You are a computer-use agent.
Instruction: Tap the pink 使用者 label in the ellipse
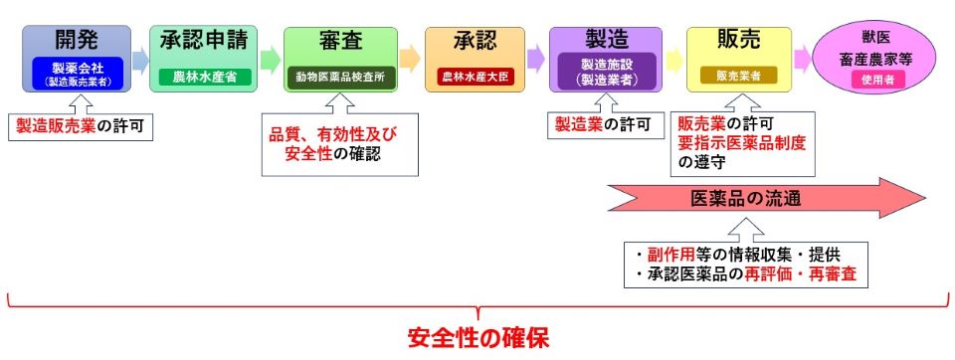click(x=875, y=79)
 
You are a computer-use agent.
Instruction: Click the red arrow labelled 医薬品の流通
click(x=766, y=198)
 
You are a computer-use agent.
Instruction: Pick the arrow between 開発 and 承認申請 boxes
click(x=140, y=59)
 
